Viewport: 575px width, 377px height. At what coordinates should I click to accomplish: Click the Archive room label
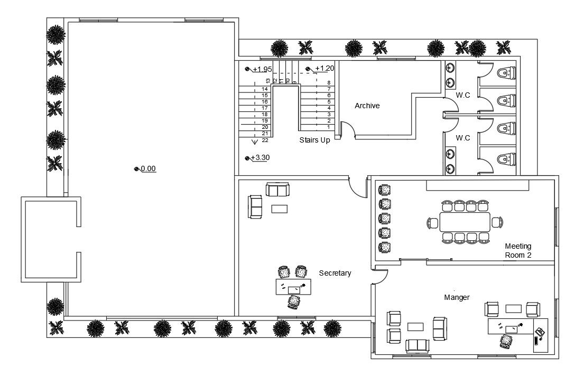click(367, 106)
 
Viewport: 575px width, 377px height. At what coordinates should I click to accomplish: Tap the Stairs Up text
click(314, 140)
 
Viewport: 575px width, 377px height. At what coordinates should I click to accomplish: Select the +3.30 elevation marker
click(258, 158)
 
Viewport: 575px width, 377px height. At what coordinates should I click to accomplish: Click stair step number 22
click(265, 140)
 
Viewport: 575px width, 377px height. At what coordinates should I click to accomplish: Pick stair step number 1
click(328, 127)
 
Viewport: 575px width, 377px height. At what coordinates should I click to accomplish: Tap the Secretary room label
click(335, 273)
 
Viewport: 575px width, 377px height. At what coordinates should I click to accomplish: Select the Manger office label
click(457, 298)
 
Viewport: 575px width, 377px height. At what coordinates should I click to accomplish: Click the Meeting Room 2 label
click(518, 250)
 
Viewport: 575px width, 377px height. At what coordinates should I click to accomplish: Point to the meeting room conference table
click(465, 222)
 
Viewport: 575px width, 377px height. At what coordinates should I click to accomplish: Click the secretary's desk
click(294, 287)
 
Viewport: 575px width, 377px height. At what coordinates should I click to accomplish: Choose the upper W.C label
click(463, 96)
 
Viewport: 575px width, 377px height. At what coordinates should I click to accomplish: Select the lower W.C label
click(463, 138)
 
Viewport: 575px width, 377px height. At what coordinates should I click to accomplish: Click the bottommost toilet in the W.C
click(507, 158)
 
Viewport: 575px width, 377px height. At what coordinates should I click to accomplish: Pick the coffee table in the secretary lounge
click(279, 209)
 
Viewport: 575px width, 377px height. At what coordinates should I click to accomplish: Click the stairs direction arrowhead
click(254, 141)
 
